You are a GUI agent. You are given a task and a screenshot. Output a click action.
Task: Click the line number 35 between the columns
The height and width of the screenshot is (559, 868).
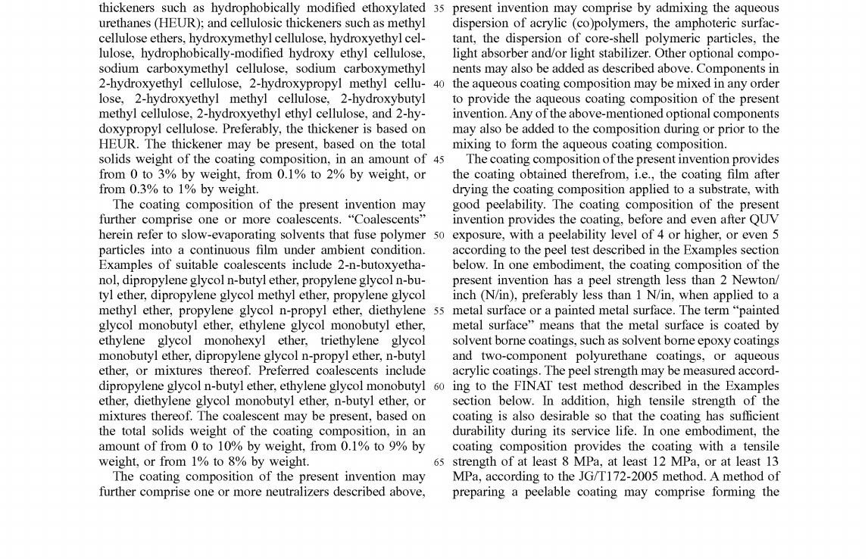click(439, 8)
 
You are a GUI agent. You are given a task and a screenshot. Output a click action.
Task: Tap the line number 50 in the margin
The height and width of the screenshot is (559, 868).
click(439, 235)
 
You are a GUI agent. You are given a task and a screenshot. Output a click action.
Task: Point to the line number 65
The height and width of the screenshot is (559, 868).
click(439, 461)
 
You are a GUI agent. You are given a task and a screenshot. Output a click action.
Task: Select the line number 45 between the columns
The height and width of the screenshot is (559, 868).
click(439, 159)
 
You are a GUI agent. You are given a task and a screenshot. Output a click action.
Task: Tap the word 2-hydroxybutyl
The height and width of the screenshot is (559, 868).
click(382, 98)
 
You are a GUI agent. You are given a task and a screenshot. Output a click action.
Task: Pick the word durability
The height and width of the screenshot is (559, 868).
click(484, 431)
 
